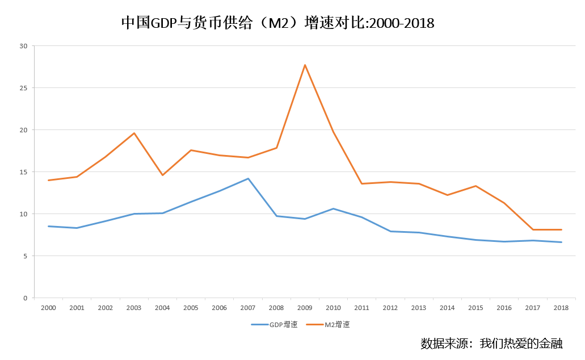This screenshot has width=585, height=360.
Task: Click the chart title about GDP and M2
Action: tap(277, 23)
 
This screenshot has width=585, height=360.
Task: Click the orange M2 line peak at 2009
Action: tap(305, 65)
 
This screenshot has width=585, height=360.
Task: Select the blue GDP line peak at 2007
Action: tap(248, 179)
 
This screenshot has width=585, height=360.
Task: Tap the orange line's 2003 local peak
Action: tap(134, 133)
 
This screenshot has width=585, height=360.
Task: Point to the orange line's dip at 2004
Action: tap(162, 175)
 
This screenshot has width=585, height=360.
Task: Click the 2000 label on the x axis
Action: tap(48, 308)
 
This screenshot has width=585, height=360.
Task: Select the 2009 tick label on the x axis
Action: tap(305, 308)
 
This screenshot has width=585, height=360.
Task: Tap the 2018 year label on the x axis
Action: tap(561, 308)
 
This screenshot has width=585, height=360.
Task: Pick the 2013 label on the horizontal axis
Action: tap(419, 308)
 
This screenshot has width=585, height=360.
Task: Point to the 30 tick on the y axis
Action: tap(23, 46)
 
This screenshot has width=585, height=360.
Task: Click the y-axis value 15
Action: tap(23, 172)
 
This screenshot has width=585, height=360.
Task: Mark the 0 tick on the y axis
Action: tap(25, 298)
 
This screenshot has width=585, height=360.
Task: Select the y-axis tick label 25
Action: tap(23, 88)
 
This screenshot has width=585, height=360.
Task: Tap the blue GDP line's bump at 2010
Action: tap(333, 209)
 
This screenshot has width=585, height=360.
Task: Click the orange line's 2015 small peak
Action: tap(475, 186)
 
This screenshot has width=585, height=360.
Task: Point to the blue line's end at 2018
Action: tap(561, 242)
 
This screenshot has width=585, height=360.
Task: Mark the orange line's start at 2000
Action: tap(48, 180)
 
